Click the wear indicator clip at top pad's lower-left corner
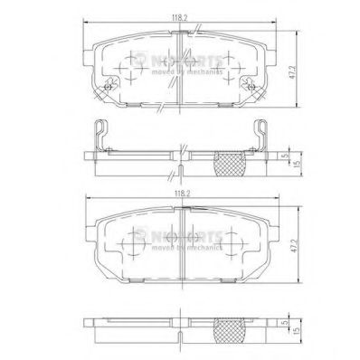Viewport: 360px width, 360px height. [x=105, y=87]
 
